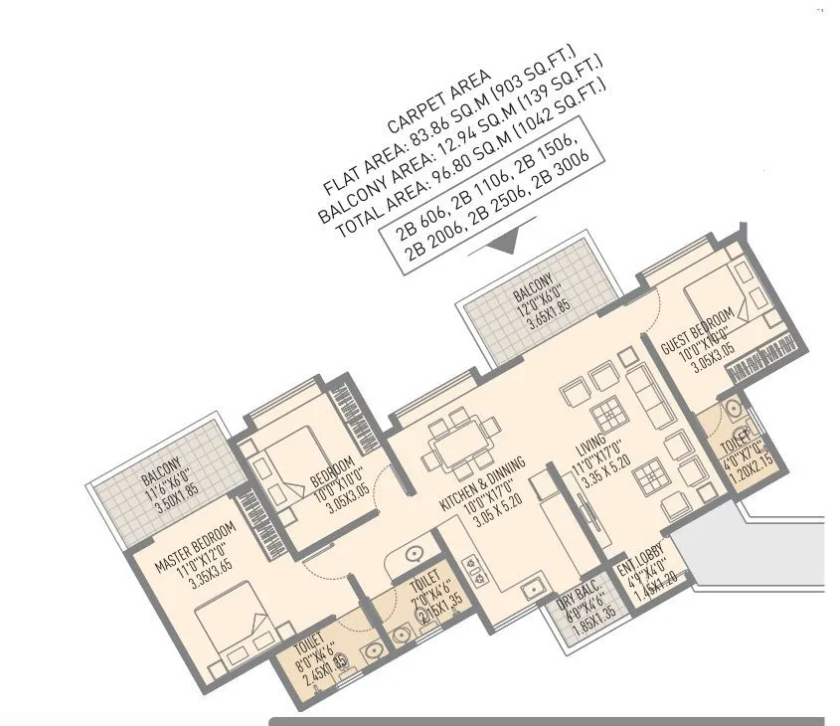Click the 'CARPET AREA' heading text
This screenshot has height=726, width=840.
tap(438, 102)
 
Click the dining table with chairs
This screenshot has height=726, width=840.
tap(460, 443)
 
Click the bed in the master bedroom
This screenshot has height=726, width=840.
tap(233, 635)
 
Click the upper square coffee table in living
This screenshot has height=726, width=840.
tap(605, 414)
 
